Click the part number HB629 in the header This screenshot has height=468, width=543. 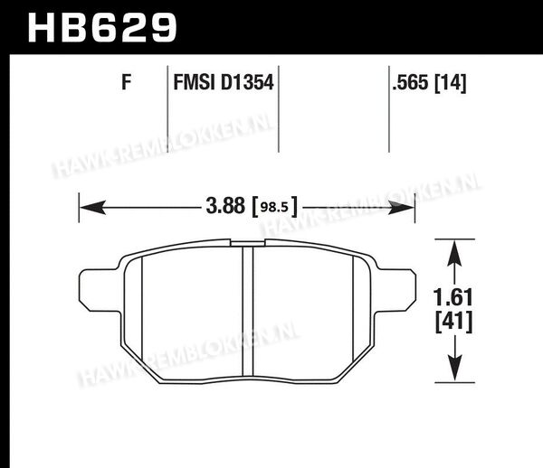[102, 27]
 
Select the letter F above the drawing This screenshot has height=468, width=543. [127, 82]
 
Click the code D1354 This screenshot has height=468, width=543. [247, 82]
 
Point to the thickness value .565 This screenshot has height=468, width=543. [410, 82]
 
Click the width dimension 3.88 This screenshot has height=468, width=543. [225, 206]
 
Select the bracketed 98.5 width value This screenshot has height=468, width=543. [275, 207]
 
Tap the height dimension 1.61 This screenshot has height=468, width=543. [453, 297]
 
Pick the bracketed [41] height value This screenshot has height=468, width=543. [453, 322]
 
